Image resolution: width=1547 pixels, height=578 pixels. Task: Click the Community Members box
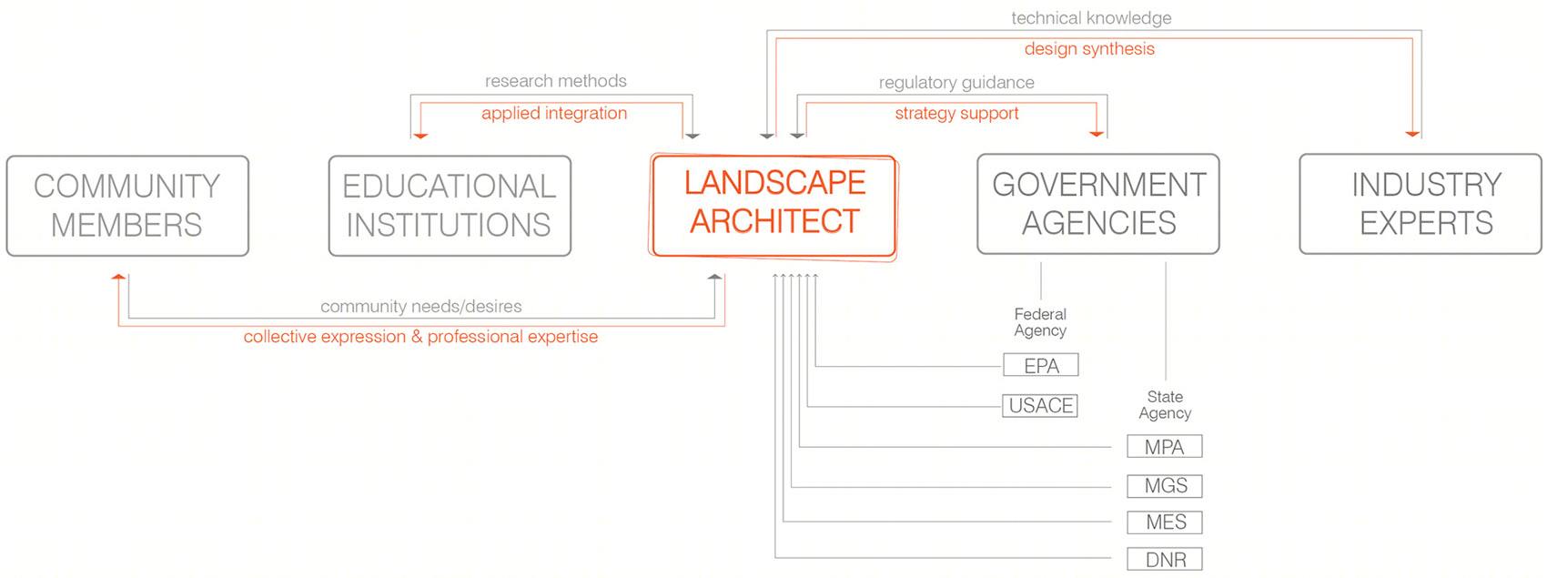click(127, 206)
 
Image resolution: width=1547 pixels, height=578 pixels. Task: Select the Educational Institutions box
click(450, 206)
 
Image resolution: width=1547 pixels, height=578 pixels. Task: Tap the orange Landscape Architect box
click(773, 206)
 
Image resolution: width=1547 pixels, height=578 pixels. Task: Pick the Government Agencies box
click(1098, 204)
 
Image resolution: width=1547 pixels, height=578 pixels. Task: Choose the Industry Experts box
click(1421, 204)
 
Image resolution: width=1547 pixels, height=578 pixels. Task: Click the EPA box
click(1041, 365)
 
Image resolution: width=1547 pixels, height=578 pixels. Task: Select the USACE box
click(1040, 405)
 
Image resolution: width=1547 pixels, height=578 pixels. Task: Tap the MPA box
click(1165, 447)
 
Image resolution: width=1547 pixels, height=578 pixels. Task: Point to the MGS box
click(1165, 486)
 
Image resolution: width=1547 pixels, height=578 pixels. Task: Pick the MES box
click(1165, 522)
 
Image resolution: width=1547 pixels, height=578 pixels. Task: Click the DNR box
click(1165, 560)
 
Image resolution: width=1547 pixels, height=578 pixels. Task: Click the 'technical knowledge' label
click(1091, 18)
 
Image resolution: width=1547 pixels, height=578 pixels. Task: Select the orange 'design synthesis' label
click(1089, 49)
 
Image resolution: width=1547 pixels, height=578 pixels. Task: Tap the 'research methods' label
click(556, 81)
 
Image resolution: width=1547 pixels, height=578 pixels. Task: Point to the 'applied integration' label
click(554, 113)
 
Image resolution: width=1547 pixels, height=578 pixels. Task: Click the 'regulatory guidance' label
click(956, 83)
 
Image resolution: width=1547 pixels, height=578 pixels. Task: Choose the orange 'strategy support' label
click(956, 113)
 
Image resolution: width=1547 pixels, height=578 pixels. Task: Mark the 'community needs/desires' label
click(420, 306)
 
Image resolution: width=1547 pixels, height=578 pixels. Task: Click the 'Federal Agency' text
click(1040, 322)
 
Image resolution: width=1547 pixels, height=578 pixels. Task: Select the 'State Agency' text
click(1165, 405)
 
